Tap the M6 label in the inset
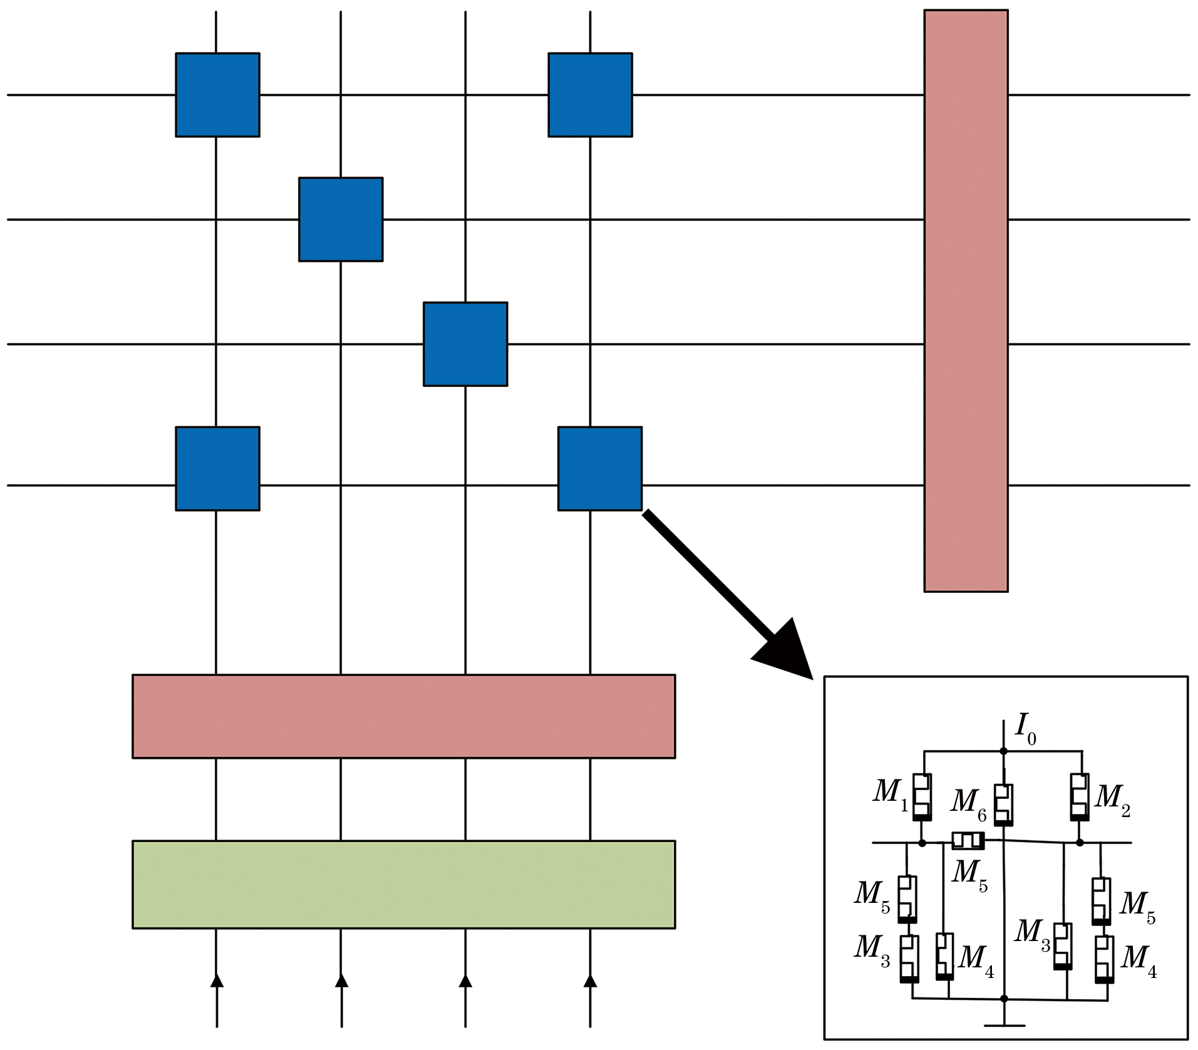968,803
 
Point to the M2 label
1112,799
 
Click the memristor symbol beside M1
921,797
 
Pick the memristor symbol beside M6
1003,805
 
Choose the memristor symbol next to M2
1079,797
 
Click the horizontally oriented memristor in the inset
968,840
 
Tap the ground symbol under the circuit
1004,1025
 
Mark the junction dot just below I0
1003,751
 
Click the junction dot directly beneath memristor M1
922,843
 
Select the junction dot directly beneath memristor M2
1080,843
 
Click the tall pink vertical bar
966,301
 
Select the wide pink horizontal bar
403,716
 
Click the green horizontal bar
403,884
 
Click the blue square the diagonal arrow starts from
599,469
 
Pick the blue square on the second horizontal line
341,220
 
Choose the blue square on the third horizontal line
465,344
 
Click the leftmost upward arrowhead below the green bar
217,981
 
